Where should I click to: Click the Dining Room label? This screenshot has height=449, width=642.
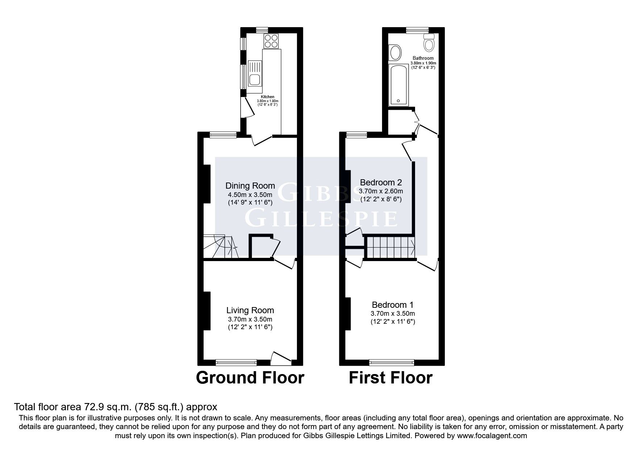250,186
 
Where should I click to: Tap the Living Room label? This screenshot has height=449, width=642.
250,310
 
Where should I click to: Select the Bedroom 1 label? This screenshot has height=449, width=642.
393,305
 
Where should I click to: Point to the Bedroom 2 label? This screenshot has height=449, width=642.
381,182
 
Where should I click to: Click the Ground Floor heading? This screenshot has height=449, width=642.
250,378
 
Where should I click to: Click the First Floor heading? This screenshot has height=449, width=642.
390,378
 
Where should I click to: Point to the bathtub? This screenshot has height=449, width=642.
398,85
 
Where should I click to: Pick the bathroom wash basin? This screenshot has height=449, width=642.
395,53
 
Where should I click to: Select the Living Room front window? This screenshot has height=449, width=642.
236,362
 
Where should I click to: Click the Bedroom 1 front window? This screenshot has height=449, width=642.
392,362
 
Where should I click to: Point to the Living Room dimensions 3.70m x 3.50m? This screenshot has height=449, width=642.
250,319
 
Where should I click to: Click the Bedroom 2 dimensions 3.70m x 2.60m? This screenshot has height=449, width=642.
381,191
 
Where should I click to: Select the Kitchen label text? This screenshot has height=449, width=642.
268,97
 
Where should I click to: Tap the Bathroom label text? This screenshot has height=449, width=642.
423,58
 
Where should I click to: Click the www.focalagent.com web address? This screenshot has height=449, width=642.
492,436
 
